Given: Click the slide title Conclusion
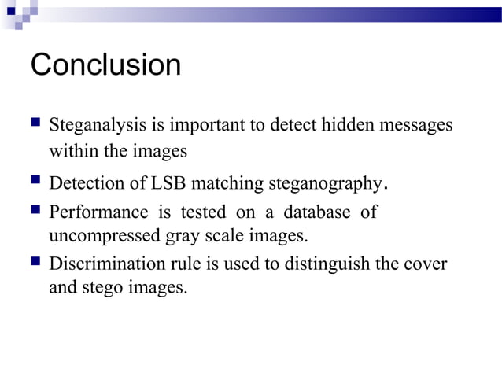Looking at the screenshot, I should tap(105, 65).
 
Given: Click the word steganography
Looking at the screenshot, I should tap(324, 185).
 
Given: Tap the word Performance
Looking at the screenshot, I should tap(98, 212).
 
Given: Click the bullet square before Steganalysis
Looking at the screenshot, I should tap(35, 124).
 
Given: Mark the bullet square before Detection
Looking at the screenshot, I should tap(35, 183).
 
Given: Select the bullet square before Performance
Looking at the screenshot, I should tap(35, 212).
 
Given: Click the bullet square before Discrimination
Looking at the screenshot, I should tap(35, 263).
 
